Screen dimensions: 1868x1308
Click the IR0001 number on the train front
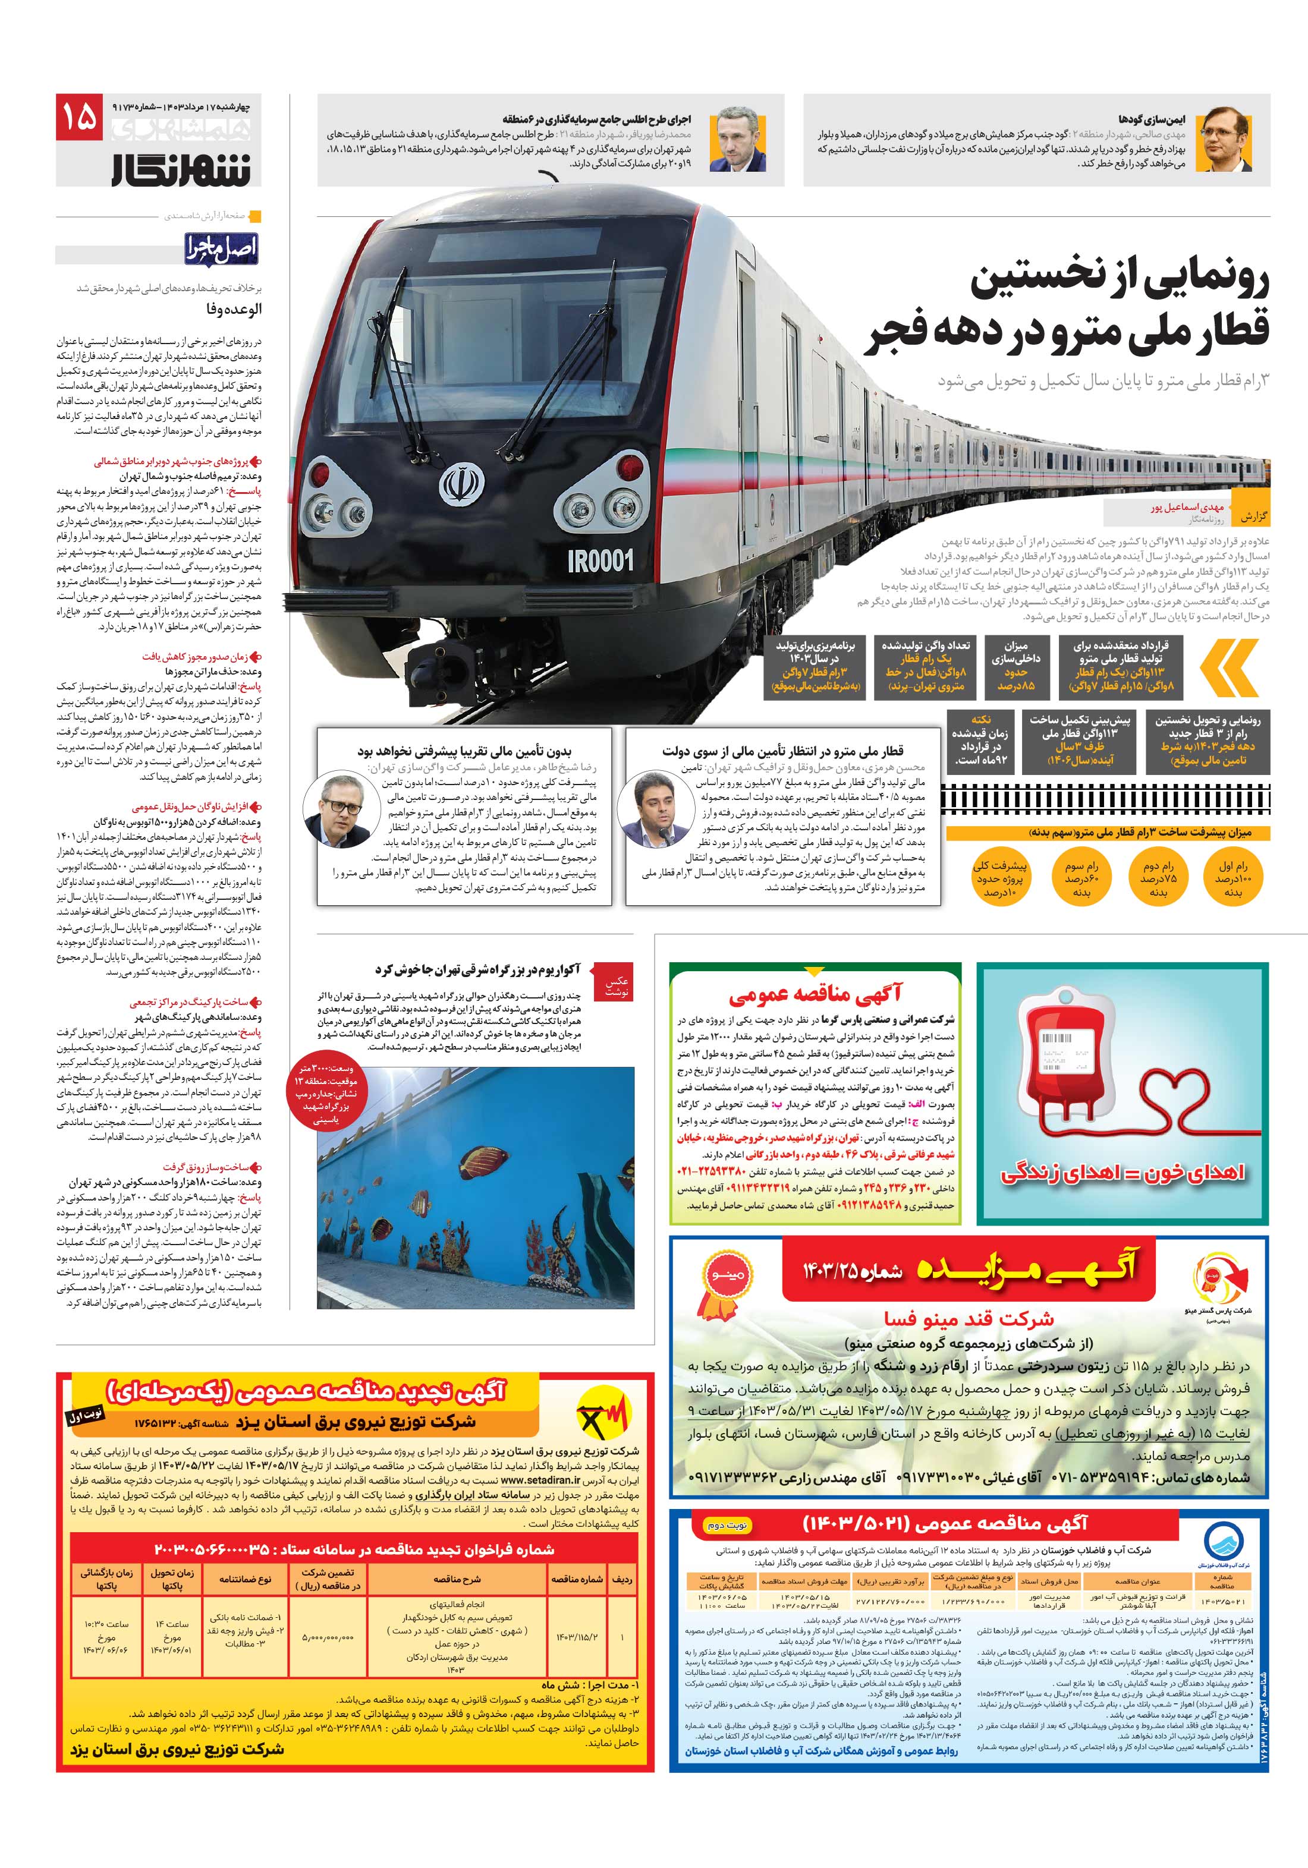[600, 560]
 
